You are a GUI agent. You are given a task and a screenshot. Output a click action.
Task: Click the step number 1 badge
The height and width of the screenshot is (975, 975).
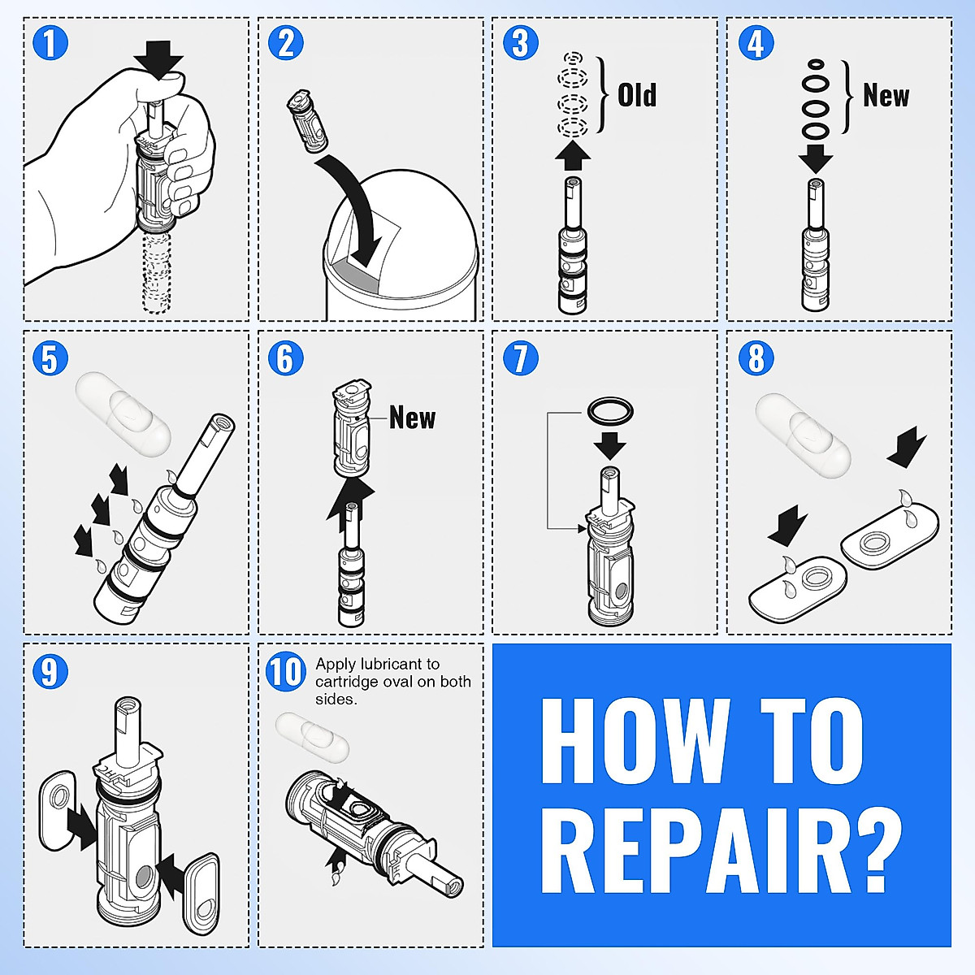(x=50, y=43)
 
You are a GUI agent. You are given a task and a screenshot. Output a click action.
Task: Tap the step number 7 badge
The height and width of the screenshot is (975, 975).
(x=520, y=358)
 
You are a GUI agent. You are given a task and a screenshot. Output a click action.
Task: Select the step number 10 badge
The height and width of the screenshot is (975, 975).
(x=285, y=673)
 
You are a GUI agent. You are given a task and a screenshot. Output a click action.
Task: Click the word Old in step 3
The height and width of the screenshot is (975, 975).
(x=637, y=95)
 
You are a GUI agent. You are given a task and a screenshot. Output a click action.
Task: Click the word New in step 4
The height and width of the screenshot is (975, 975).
(x=886, y=95)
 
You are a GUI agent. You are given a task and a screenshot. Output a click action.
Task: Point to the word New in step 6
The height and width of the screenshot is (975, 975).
(x=412, y=418)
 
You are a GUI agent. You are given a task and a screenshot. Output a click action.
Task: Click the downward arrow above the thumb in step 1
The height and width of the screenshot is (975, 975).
(x=158, y=59)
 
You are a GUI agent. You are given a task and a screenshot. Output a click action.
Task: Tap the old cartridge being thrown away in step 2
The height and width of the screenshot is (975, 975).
(x=307, y=122)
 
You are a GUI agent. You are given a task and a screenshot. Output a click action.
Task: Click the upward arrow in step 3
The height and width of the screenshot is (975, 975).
(x=573, y=154)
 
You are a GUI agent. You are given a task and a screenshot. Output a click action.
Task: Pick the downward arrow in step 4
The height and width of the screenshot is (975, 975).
(x=816, y=158)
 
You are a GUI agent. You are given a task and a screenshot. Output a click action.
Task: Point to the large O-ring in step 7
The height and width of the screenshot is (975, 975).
(x=609, y=411)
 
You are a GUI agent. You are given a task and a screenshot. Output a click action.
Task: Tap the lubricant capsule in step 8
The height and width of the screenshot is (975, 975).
(x=803, y=435)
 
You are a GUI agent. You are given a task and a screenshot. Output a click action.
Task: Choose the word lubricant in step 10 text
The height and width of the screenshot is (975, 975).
(x=400, y=664)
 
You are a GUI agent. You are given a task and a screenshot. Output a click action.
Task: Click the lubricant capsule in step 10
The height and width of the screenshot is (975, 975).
(x=312, y=736)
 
